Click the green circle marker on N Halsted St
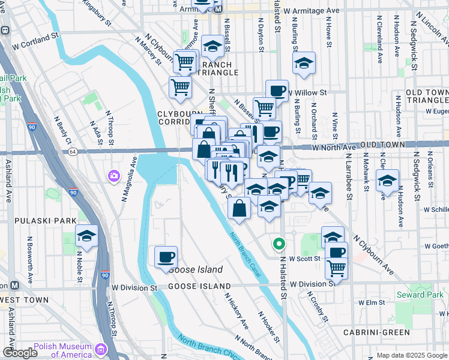278,244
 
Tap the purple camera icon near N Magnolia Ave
113,176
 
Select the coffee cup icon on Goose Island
166,257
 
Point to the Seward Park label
419,295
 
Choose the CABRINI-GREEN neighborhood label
376,332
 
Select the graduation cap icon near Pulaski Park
86,236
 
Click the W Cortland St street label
38,44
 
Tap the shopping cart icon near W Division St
337,266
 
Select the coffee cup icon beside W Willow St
277,91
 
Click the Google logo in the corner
20,353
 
